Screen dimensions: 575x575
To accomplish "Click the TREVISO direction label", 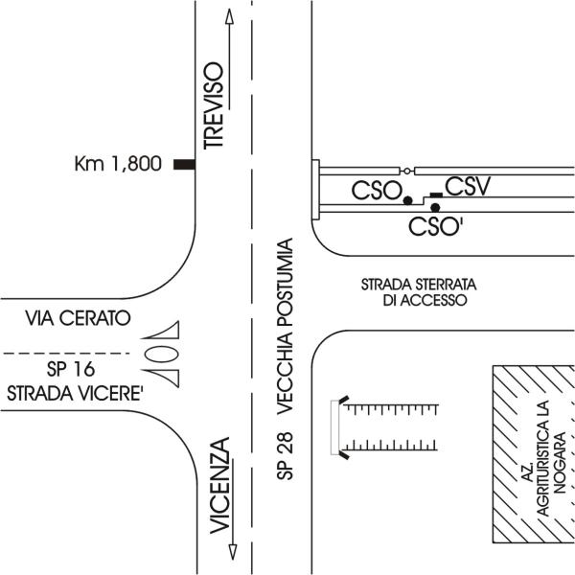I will [213, 104].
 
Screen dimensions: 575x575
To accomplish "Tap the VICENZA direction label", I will [220, 485].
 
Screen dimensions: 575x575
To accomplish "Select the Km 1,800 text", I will [118, 164].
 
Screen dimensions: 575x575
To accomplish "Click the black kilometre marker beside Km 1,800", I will [184, 165].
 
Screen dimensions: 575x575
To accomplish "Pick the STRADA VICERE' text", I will [63, 391].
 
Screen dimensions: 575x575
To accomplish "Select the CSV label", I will [468, 186].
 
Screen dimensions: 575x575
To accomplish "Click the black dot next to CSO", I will [407, 200].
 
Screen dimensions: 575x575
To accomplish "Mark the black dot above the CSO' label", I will [435, 208].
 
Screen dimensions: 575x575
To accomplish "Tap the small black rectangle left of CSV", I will [436, 195].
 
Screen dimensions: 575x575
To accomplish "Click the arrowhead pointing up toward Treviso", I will [228, 16].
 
